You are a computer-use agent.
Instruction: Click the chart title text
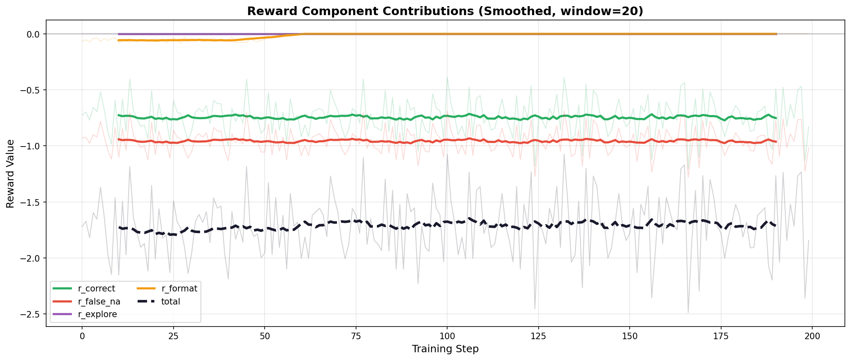[x=445, y=11]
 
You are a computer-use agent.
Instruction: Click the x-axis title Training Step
[x=445, y=349]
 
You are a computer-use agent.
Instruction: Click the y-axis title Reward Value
[x=10, y=173]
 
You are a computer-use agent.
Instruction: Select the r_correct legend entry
[x=96, y=289]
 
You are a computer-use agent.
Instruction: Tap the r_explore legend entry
[x=97, y=314]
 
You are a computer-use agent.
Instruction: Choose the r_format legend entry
[x=179, y=289]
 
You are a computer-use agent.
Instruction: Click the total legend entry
[x=171, y=302]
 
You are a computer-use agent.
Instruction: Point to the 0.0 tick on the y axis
[x=33, y=34]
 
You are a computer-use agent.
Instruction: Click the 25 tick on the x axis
[x=174, y=336]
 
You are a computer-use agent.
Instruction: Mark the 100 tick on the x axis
[x=447, y=336]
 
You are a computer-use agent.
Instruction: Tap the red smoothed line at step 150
[x=629, y=142]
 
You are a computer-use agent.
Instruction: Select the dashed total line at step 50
[x=265, y=229]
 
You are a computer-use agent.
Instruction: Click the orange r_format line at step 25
[x=174, y=40]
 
